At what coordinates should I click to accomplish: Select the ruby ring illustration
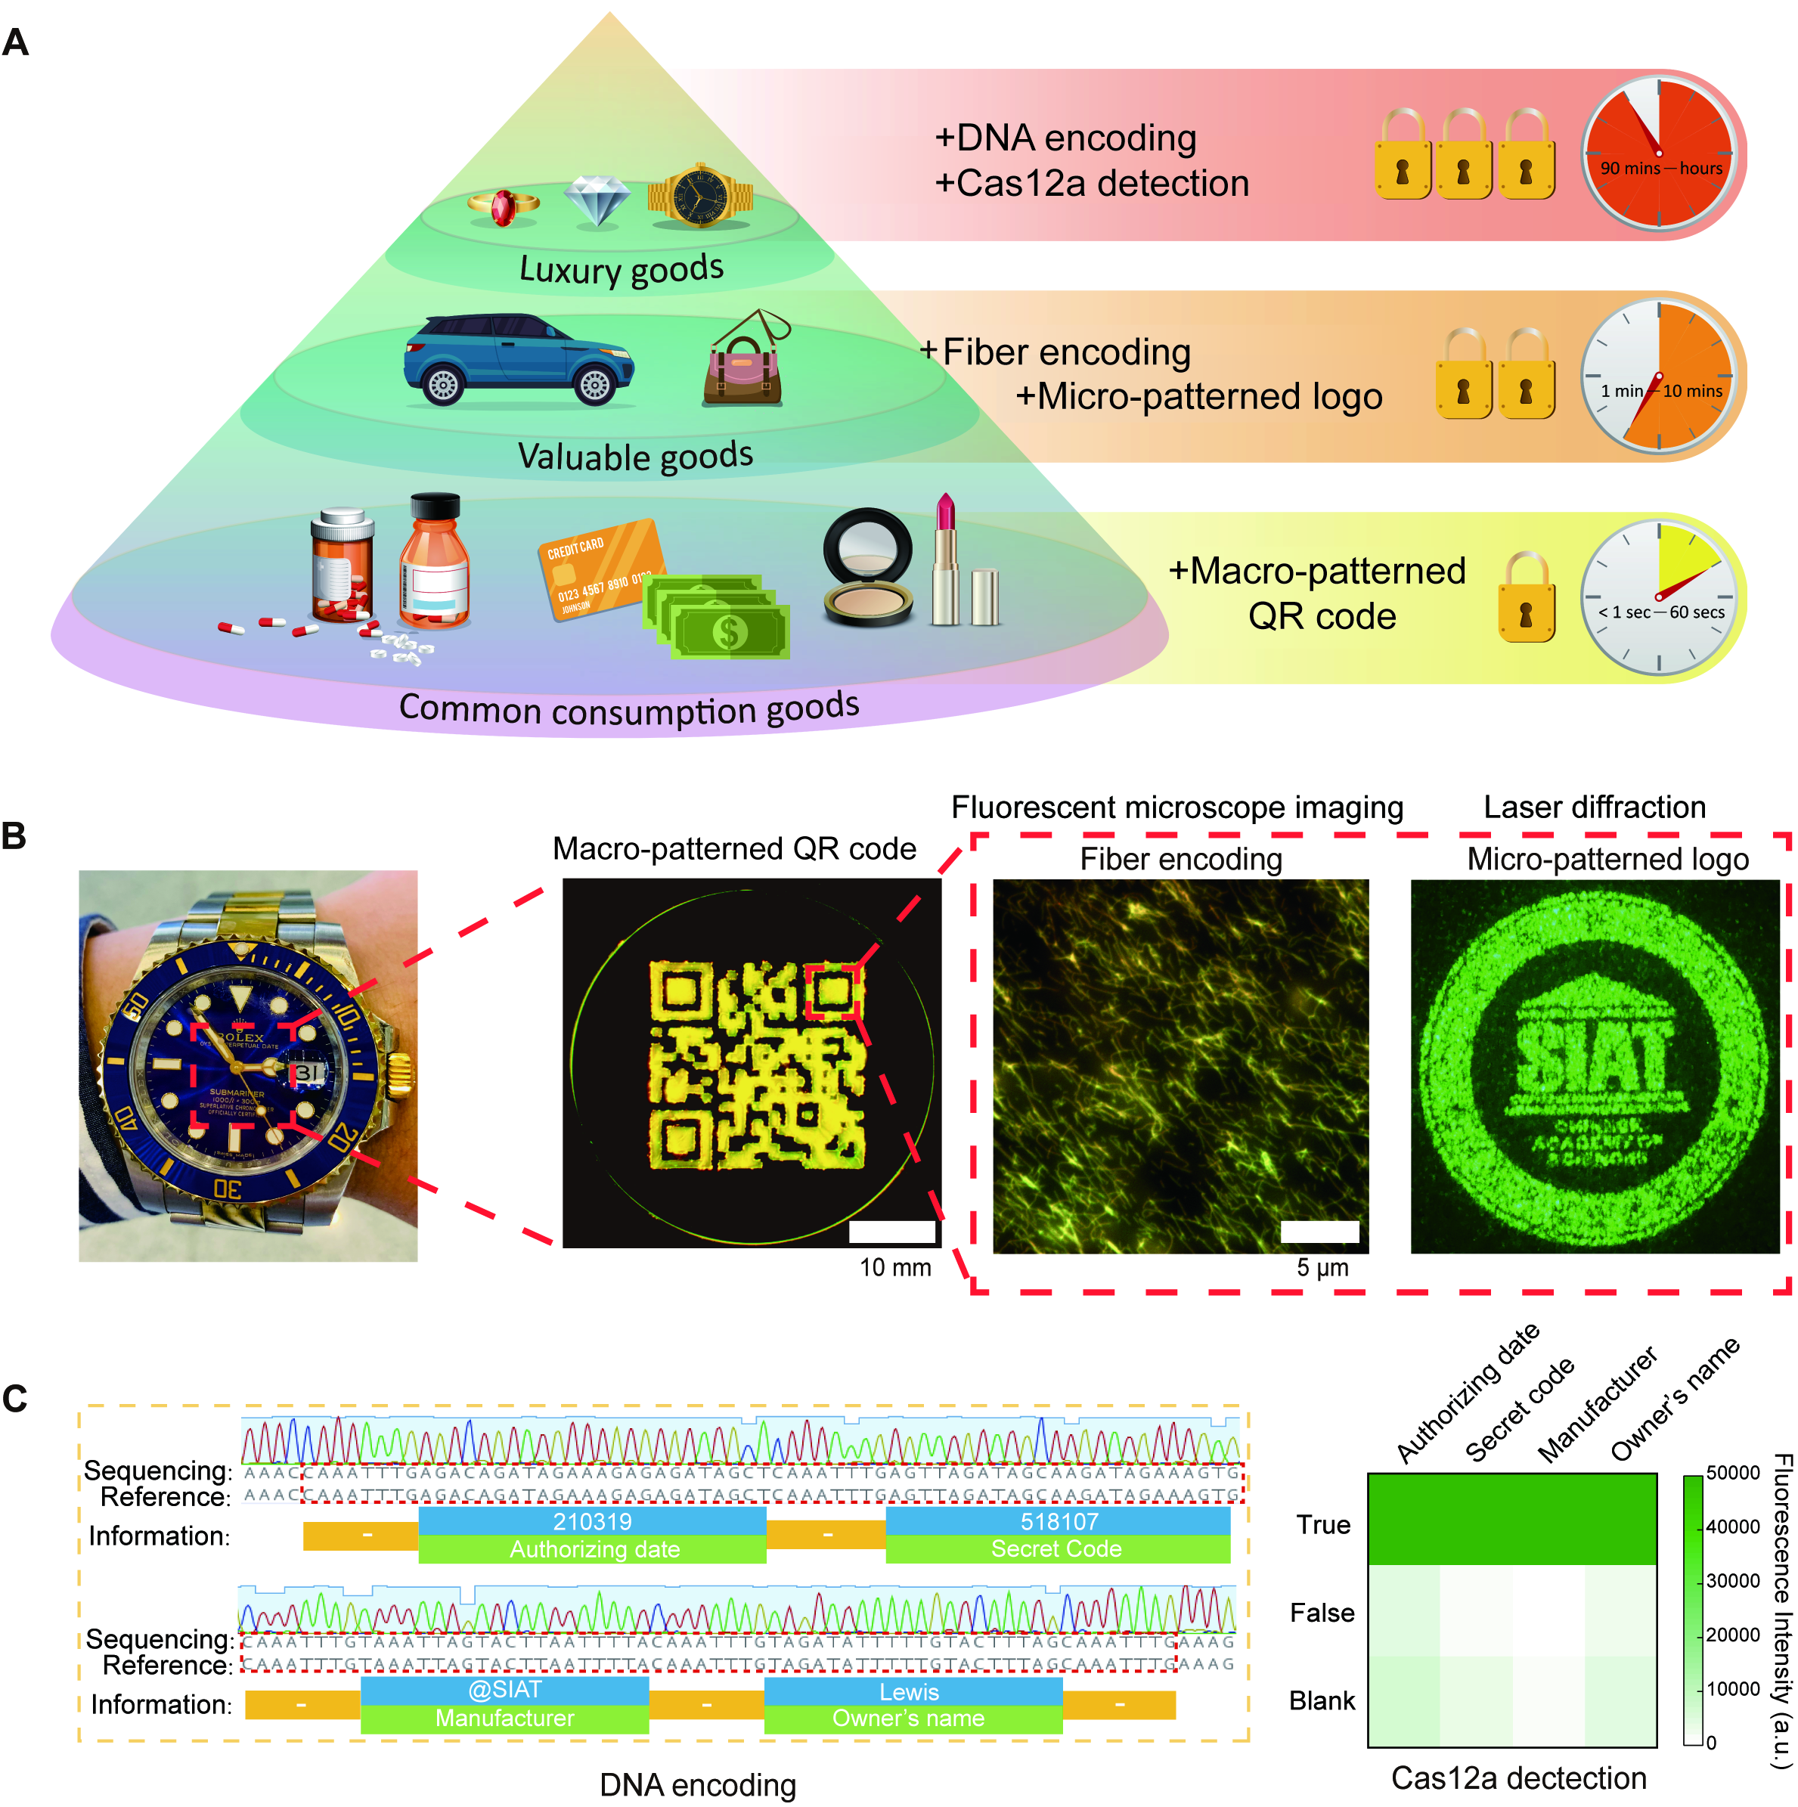coord(504,206)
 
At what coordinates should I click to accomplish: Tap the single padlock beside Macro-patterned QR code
coord(1526,599)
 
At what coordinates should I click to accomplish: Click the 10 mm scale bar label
coord(894,1267)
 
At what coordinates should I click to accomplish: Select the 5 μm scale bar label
coord(1322,1267)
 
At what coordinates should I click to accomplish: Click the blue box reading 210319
coord(592,1522)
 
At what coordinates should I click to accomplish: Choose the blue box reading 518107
coord(1058,1522)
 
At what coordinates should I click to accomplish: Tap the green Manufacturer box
coord(504,1718)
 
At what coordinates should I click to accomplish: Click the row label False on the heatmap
coord(1321,1613)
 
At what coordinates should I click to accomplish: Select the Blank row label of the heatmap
coord(1321,1700)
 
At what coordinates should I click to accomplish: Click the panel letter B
coord(14,835)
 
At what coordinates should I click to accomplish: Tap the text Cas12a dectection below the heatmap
coord(1518,1778)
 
